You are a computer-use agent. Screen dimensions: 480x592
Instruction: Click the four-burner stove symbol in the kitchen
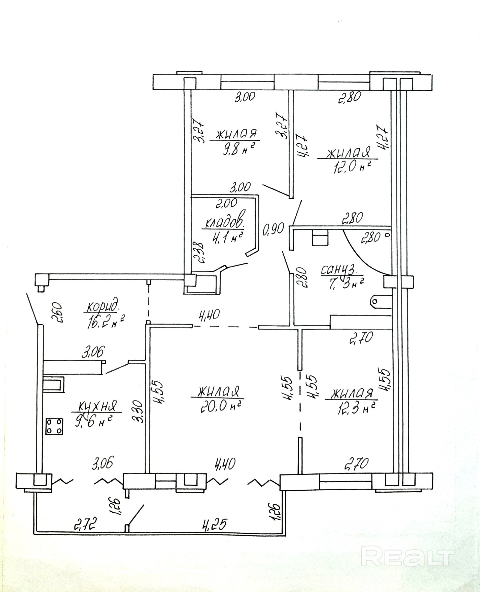[54, 426]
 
